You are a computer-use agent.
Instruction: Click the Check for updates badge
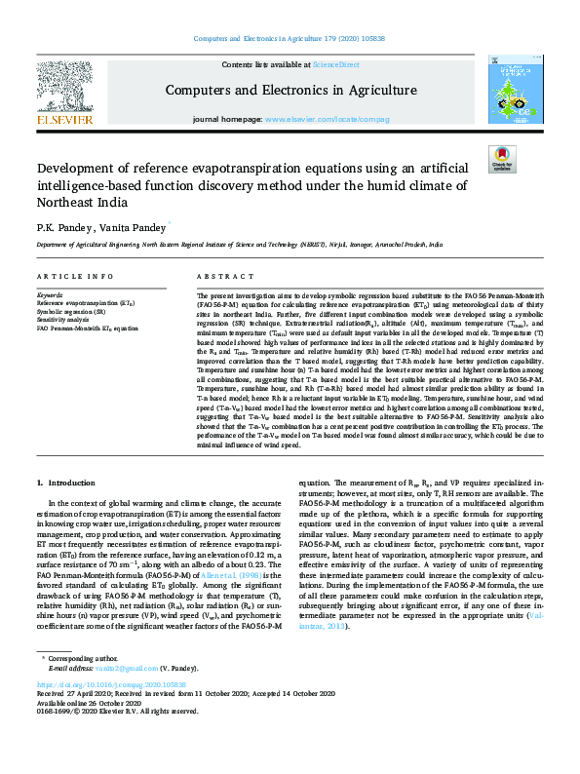502,159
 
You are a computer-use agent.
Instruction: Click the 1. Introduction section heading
71,483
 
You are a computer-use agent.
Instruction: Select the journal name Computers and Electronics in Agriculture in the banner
290,90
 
